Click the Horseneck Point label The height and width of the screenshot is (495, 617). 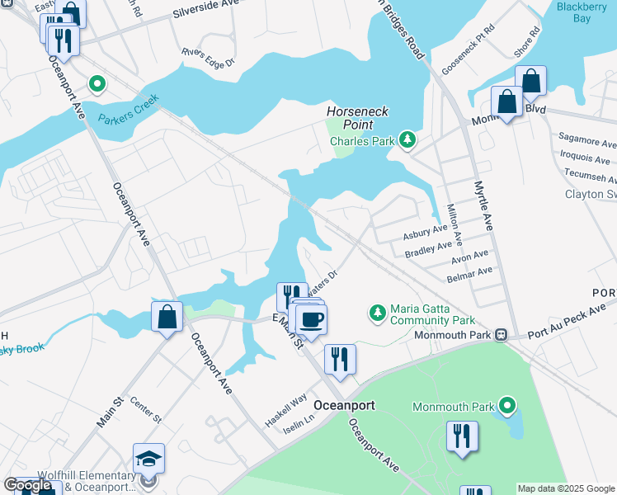tap(357, 117)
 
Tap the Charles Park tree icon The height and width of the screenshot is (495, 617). tap(406, 141)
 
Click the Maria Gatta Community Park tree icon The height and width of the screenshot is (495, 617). tap(377, 313)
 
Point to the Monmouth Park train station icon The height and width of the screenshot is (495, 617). tap(500, 336)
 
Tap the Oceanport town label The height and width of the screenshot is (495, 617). tap(345, 406)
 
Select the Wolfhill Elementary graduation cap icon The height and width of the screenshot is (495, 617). tap(148, 459)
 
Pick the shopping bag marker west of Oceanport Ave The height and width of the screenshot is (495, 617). tap(167, 317)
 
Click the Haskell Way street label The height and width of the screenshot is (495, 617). tap(285, 404)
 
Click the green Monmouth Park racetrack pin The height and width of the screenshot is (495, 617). tap(507, 406)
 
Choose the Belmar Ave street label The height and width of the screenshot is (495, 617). tap(471, 271)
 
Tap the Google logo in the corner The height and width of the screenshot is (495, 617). tap(27, 486)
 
